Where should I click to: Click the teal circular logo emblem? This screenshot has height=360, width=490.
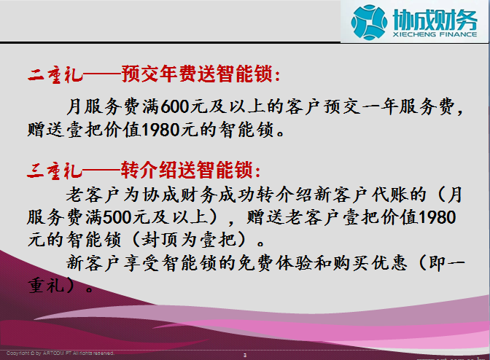(x=369, y=22)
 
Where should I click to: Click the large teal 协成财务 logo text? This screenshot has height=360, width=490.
(x=435, y=20)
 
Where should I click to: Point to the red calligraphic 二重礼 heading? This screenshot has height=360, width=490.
(x=55, y=75)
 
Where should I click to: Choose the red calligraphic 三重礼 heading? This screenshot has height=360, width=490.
(x=55, y=171)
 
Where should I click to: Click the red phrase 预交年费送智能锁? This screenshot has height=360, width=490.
(x=197, y=74)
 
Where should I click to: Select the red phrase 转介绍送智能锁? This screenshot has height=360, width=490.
(x=187, y=171)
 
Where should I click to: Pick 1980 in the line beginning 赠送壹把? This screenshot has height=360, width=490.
(x=160, y=130)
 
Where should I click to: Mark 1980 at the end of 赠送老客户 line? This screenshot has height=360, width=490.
(x=437, y=218)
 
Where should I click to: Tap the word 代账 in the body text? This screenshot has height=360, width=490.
(x=389, y=195)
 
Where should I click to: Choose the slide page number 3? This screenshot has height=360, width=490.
(x=245, y=356)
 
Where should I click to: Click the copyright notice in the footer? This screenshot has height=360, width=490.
(x=61, y=353)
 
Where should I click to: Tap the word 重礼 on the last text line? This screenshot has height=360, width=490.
(x=46, y=286)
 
